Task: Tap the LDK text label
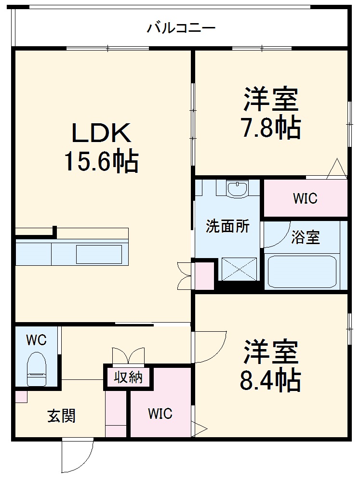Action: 101,133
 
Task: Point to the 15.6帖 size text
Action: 101,162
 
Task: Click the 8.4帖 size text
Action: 270,380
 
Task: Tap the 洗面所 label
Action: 227,226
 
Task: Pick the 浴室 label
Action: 306,237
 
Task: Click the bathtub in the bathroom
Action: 302,272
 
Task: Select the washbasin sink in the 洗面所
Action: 237,189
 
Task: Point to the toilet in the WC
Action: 36,368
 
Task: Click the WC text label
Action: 36,340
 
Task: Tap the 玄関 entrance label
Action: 61,416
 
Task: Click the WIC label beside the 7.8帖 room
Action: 305,198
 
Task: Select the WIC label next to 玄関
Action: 160,414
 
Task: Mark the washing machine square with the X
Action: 239,269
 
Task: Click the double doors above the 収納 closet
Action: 128,355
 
